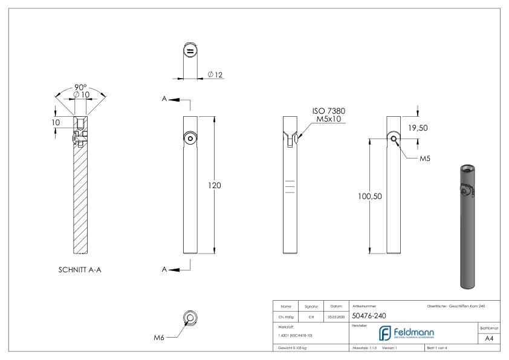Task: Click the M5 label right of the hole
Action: pos(426,159)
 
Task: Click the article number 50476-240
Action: pos(370,315)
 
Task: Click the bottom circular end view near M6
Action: pos(190,319)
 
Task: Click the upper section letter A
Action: pos(164,99)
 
